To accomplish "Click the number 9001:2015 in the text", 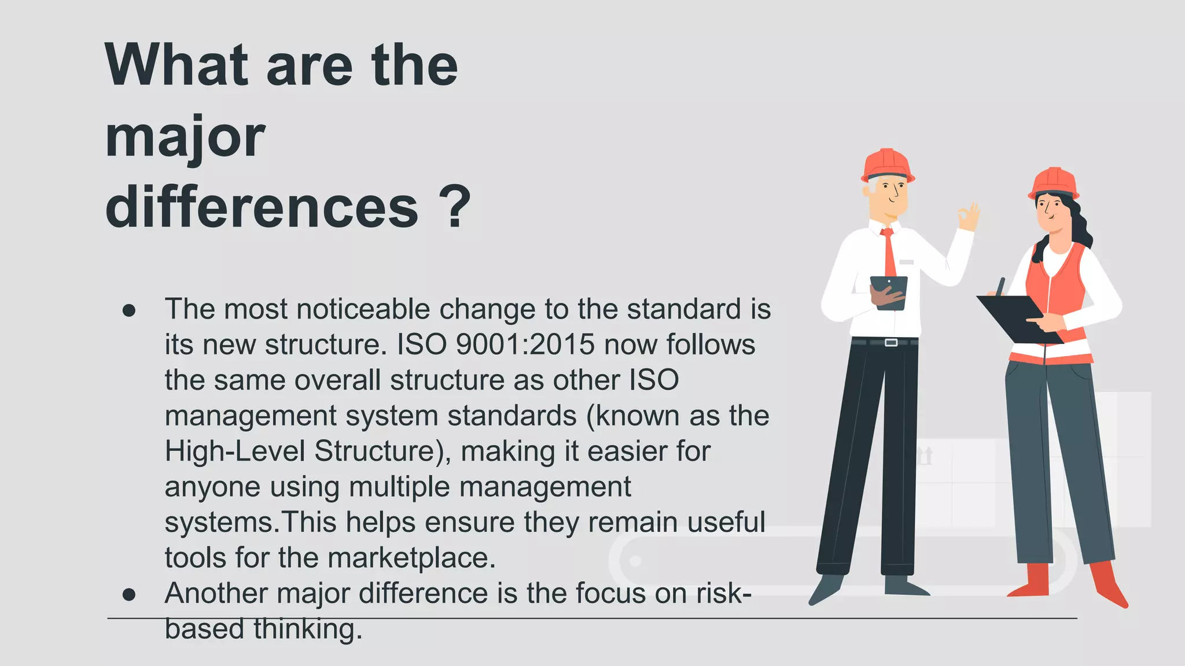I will tap(525, 345).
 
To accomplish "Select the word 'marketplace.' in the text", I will tap(411, 558).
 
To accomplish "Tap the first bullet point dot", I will tap(129, 310).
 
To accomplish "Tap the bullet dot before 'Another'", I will tap(129, 594).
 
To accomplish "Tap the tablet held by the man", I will tap(889, 292).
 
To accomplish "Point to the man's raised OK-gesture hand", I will tap(968, 217).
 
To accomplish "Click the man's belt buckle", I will tap(891, 343).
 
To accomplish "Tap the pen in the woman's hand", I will tap(1000, 286).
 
